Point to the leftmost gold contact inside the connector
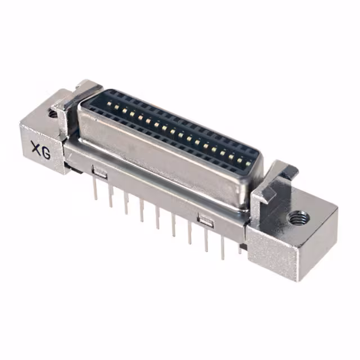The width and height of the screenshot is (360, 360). point(109,105)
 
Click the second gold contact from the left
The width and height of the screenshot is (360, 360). point(116,108)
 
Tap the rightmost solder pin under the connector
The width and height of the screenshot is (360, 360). point(239,247)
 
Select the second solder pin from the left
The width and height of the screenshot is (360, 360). point(111,197)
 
